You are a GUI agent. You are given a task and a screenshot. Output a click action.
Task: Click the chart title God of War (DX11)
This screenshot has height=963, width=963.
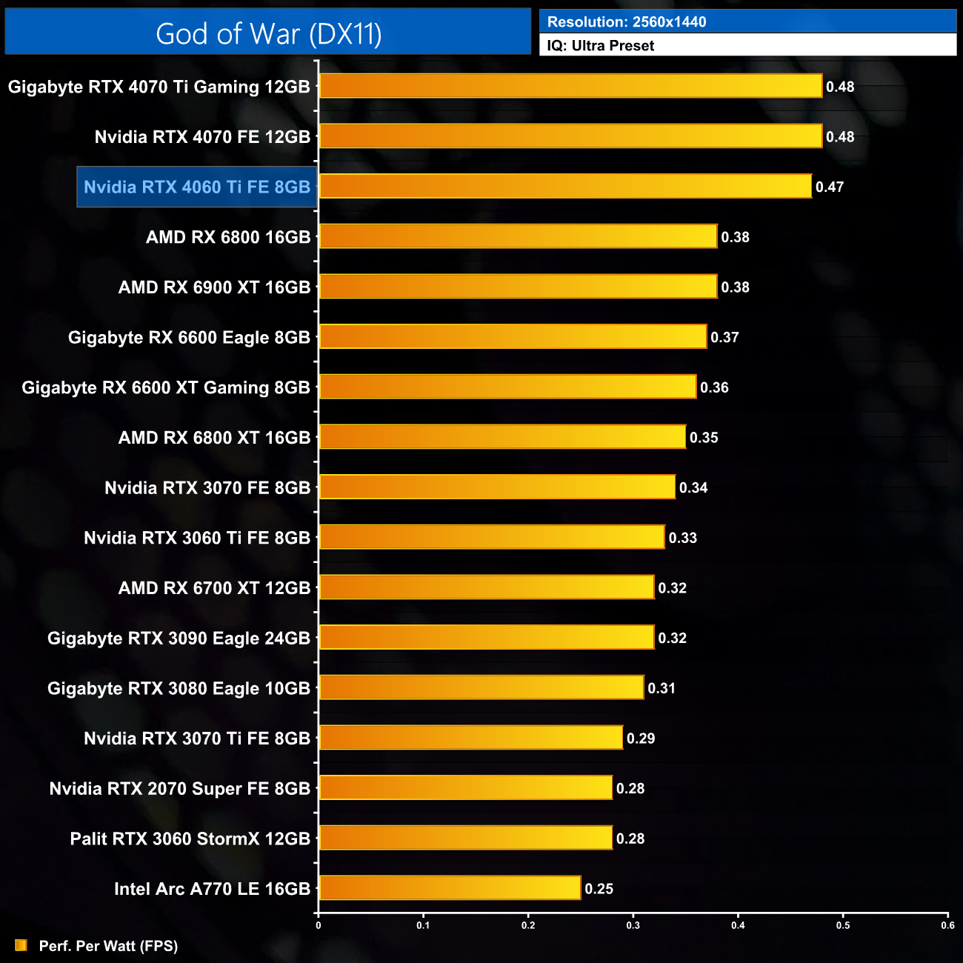click(x=268, y=34)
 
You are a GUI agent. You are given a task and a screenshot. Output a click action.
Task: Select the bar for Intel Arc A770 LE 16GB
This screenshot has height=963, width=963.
click(x=450, y=887)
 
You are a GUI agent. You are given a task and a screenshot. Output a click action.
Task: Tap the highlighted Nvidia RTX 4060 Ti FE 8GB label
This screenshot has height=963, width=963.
click(x=197, y=187)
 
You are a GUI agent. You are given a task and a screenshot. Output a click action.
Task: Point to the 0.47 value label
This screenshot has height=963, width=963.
click(x=830, y=187)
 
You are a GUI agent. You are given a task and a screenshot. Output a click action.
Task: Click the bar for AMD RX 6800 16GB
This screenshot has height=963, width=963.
click(x=518, y=236)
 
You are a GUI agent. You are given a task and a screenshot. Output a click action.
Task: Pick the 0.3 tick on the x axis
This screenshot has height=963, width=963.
click(x=633, y=925)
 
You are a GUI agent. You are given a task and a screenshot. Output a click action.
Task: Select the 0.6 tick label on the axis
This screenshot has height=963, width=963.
click(x=948, y=925)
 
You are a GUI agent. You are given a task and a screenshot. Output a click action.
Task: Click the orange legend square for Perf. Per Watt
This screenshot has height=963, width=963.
click(x=21, y=945)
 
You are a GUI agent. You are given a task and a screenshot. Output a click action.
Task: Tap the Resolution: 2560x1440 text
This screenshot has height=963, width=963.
click(x=627, y=22)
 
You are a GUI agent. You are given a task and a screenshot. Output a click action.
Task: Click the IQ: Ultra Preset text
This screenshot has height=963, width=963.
click(x=601, y=46)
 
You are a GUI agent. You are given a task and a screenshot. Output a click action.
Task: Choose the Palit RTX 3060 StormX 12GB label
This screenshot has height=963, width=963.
click(x=190, y=839)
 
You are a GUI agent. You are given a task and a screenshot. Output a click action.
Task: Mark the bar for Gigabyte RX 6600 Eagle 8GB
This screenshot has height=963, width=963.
click(x=513, y=336)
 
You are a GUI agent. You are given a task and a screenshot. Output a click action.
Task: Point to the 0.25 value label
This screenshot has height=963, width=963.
click(x=599, y=889)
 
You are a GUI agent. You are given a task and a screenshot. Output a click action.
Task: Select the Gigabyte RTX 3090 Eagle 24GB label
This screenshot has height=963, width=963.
click(x=179, y=638)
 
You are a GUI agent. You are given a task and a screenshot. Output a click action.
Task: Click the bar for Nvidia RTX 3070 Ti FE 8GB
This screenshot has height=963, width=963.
click(x=470, y=738)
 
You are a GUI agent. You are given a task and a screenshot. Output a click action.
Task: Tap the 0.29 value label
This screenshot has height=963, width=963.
click(x=641, y=739)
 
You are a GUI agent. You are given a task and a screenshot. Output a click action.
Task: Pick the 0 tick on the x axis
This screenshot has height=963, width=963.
click(x=319, y=925)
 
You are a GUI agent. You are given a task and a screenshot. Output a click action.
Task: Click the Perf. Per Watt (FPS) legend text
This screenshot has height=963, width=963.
click(x=108, y=946)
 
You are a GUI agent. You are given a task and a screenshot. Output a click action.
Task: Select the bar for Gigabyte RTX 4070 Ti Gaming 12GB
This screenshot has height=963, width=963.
click(x=570, y=86)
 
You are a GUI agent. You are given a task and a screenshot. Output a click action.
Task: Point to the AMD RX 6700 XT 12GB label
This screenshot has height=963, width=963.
click(x=214, y=588)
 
